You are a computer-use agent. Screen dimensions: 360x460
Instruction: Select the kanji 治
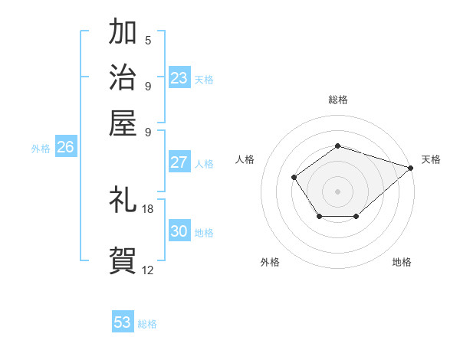point(123,77)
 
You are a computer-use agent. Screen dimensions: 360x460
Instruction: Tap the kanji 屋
point(123,121)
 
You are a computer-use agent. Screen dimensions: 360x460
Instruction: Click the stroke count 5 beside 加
point(148,41)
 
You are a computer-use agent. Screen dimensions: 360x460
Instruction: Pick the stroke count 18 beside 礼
point(148,209)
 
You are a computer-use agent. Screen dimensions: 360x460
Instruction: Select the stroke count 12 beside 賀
point(148,270)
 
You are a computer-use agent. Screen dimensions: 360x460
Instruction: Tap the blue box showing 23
point(179,77)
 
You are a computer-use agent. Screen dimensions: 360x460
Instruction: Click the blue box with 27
point(179,162)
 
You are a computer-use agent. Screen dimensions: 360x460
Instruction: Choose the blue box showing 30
point(179,231)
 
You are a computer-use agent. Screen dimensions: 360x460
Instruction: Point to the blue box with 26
point(65,148)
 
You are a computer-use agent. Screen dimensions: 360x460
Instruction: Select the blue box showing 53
point(123,322)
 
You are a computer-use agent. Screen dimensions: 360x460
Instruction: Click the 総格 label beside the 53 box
point(147,324)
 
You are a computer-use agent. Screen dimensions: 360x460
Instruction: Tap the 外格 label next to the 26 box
point(41,149)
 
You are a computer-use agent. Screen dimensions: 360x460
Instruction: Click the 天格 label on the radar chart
point(431,159)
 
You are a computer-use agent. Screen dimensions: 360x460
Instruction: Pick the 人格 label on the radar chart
point(245,159)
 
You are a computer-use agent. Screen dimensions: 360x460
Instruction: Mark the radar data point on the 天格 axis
point(411,167)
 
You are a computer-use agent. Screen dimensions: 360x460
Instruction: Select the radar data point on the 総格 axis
point(337,146)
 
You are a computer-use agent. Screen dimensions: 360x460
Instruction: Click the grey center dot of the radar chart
point(337,191)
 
